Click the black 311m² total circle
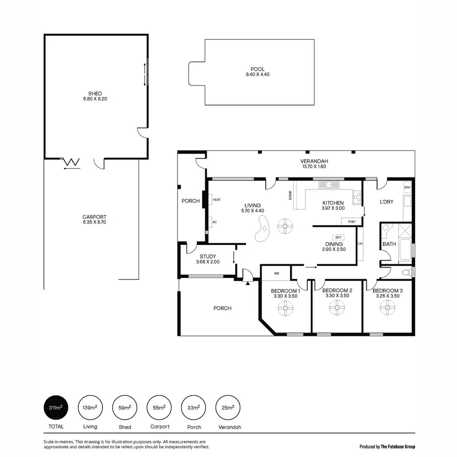point(56,407)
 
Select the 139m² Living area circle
point(90,407)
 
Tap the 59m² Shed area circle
point(125,407)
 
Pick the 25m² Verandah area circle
point(228,407)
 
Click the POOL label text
point(258,69)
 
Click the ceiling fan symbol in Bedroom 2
point(336,308)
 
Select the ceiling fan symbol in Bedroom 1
point(286,308)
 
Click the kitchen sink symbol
point(329,184)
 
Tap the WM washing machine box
point(407,187)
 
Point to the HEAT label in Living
point(217,200)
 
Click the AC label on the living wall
point(215,222)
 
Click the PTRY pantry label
point(351,222)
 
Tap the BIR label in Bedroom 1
point(276,273)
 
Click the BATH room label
point(389,244)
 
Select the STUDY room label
point(208,256)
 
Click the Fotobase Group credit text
point(387,446)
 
